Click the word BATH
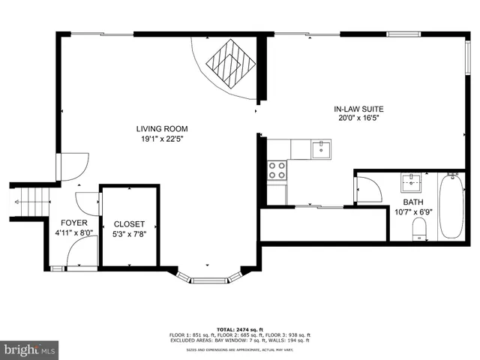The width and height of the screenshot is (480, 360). coord(412,202)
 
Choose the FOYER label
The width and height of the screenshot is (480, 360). coord(74,223)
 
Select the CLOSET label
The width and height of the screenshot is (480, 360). coord(129,224)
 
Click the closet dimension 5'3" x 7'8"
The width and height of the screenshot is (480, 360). coord(129,234)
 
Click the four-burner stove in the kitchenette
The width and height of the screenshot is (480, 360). coord(277,170)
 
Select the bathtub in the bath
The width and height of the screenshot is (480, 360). coord(451,206)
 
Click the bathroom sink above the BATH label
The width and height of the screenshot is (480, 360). coord(411,182)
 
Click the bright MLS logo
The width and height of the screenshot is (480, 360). coord(30,349)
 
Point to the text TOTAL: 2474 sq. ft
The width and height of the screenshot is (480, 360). coord(236,329)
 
